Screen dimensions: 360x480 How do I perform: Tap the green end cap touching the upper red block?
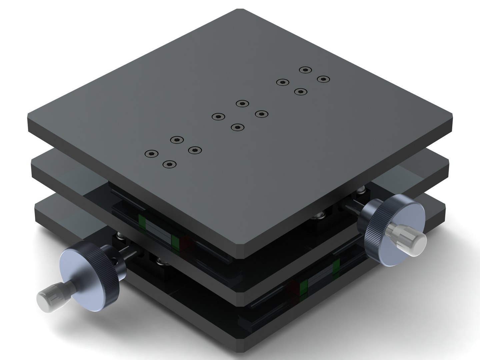tap(175, 242)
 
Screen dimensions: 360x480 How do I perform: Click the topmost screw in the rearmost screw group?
tap(305, 70)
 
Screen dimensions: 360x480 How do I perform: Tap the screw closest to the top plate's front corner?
tap(169, 164)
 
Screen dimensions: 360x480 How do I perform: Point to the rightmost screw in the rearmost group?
tap(323, 79)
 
